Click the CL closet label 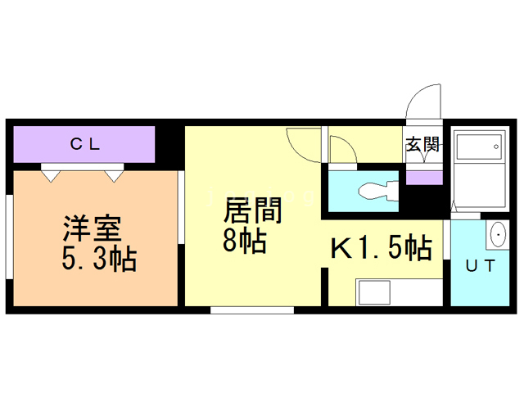(85, 144)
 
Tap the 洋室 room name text (92, 228)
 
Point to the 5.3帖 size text (99, 259)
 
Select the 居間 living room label (253, 210)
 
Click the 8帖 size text (245, 240)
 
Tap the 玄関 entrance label (422, 144)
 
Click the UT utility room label (481, 266)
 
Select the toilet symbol (378, 191)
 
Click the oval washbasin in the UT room (498, 234)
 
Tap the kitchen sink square (374, 292)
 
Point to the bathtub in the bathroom (479, 147)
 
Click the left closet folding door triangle (51, 176)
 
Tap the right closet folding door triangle (114, 176)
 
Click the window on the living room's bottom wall (252, 310)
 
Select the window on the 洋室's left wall (9, 237)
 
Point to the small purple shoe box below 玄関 (424, 178)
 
